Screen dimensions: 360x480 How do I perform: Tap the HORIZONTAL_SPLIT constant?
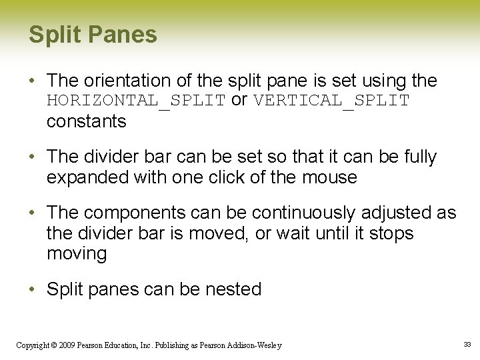pos(136,101)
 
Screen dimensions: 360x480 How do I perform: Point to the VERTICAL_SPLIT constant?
pos(331,101)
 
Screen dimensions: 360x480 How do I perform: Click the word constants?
pos(86,121)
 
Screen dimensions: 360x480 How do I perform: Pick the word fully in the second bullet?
pos(417,157)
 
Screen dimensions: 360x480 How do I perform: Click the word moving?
pos(76,254)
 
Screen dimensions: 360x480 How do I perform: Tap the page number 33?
pos(467,345)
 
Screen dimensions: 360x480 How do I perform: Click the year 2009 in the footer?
pos(65,345)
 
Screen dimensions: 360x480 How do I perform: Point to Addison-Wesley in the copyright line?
pos(256,345)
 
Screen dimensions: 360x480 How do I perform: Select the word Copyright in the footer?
pos(32,345)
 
